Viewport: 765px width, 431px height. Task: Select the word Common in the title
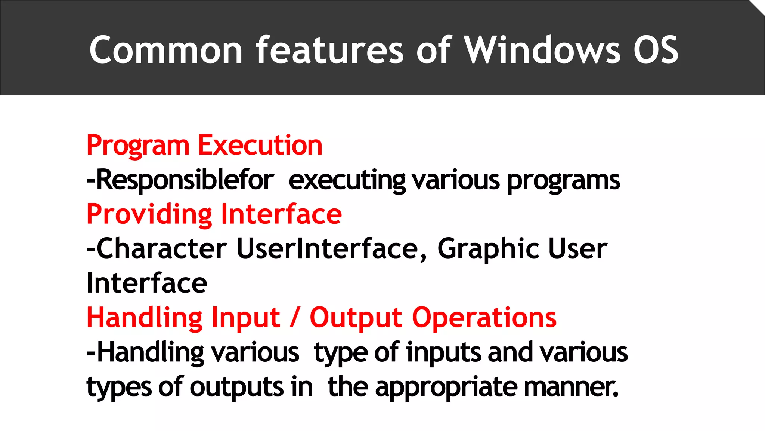click(166, 50)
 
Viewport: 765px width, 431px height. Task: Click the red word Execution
click(260, 145)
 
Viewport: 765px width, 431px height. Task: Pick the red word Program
click(138, 146)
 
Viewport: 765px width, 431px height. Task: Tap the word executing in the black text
click(347, 181)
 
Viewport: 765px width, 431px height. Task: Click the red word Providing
click(149, 215)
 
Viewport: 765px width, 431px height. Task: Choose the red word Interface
click(281, 214)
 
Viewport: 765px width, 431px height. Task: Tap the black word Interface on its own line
click(146, 283)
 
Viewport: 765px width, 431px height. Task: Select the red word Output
click(356, 318)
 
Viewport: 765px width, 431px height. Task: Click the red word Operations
click(484, 318)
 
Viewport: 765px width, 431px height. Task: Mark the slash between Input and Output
click(295, 318)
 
